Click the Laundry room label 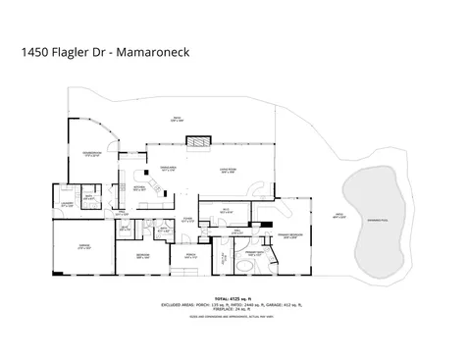click(x=67, y=204)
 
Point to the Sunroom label click(x=93, y=153)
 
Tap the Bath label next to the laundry click(x=89, y=196)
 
